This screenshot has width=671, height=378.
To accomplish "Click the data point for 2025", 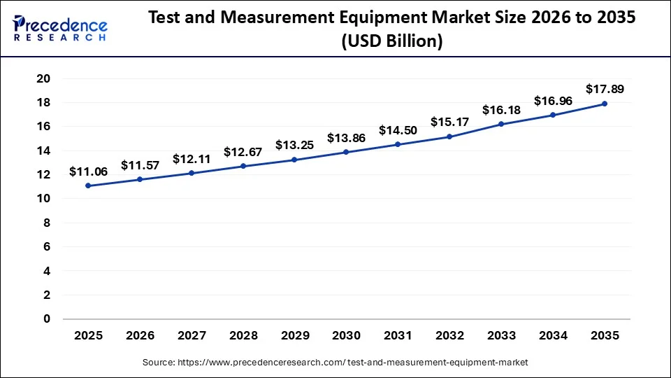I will point(88,185).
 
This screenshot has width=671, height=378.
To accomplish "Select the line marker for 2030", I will point(347,152).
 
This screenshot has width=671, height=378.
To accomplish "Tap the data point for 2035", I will point(605,104).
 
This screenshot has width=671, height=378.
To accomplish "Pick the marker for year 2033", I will point(501,124).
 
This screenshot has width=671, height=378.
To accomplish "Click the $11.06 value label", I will point(88,171).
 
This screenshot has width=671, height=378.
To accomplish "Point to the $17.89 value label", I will point(605,89).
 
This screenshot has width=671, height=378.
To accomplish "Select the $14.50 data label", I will point(398,130).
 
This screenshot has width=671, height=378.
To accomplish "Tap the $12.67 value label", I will point(243,152).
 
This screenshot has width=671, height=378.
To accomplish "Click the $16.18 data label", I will point(501,110).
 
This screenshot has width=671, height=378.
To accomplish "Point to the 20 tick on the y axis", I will point(43,78).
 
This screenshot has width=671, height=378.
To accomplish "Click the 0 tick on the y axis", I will point(47,319).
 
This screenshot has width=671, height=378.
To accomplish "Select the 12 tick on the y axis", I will point(43,175).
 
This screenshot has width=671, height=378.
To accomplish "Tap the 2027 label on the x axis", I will point(192,336).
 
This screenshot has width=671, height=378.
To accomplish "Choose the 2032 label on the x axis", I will point(449,336).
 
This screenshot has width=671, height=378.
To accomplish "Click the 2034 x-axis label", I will point(553,336).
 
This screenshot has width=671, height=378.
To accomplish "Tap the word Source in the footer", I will point(159,362).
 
